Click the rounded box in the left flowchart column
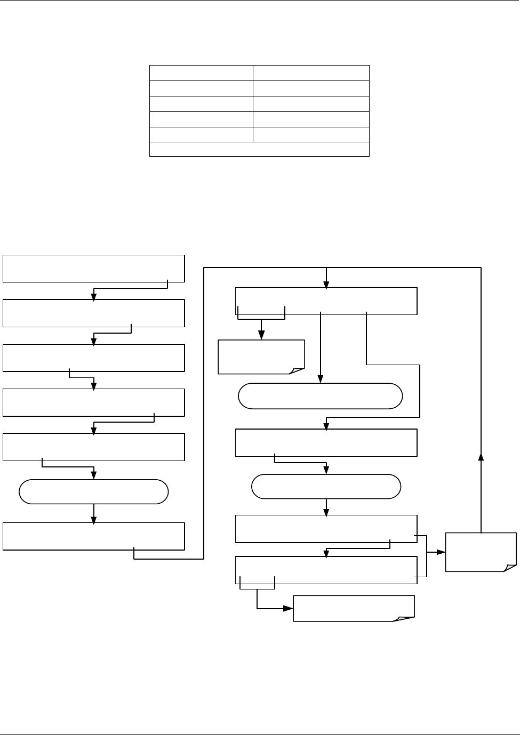point(93,491)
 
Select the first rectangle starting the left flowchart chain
point(93,269)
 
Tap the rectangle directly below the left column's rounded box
point(93,536)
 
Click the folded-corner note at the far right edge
point(481,552)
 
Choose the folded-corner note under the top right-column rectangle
point(261,357)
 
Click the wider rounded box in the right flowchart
point(320,396)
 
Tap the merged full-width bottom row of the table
point(259,149)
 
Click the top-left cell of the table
point(201,72)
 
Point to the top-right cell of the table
point(311,72)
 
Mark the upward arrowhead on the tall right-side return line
point(481,456)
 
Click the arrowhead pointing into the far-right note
point(442,552)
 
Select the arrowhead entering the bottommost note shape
point(290,608)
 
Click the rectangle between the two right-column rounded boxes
point(326,442)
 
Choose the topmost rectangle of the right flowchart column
point(326,301)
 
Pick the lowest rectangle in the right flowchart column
point(326,570)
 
